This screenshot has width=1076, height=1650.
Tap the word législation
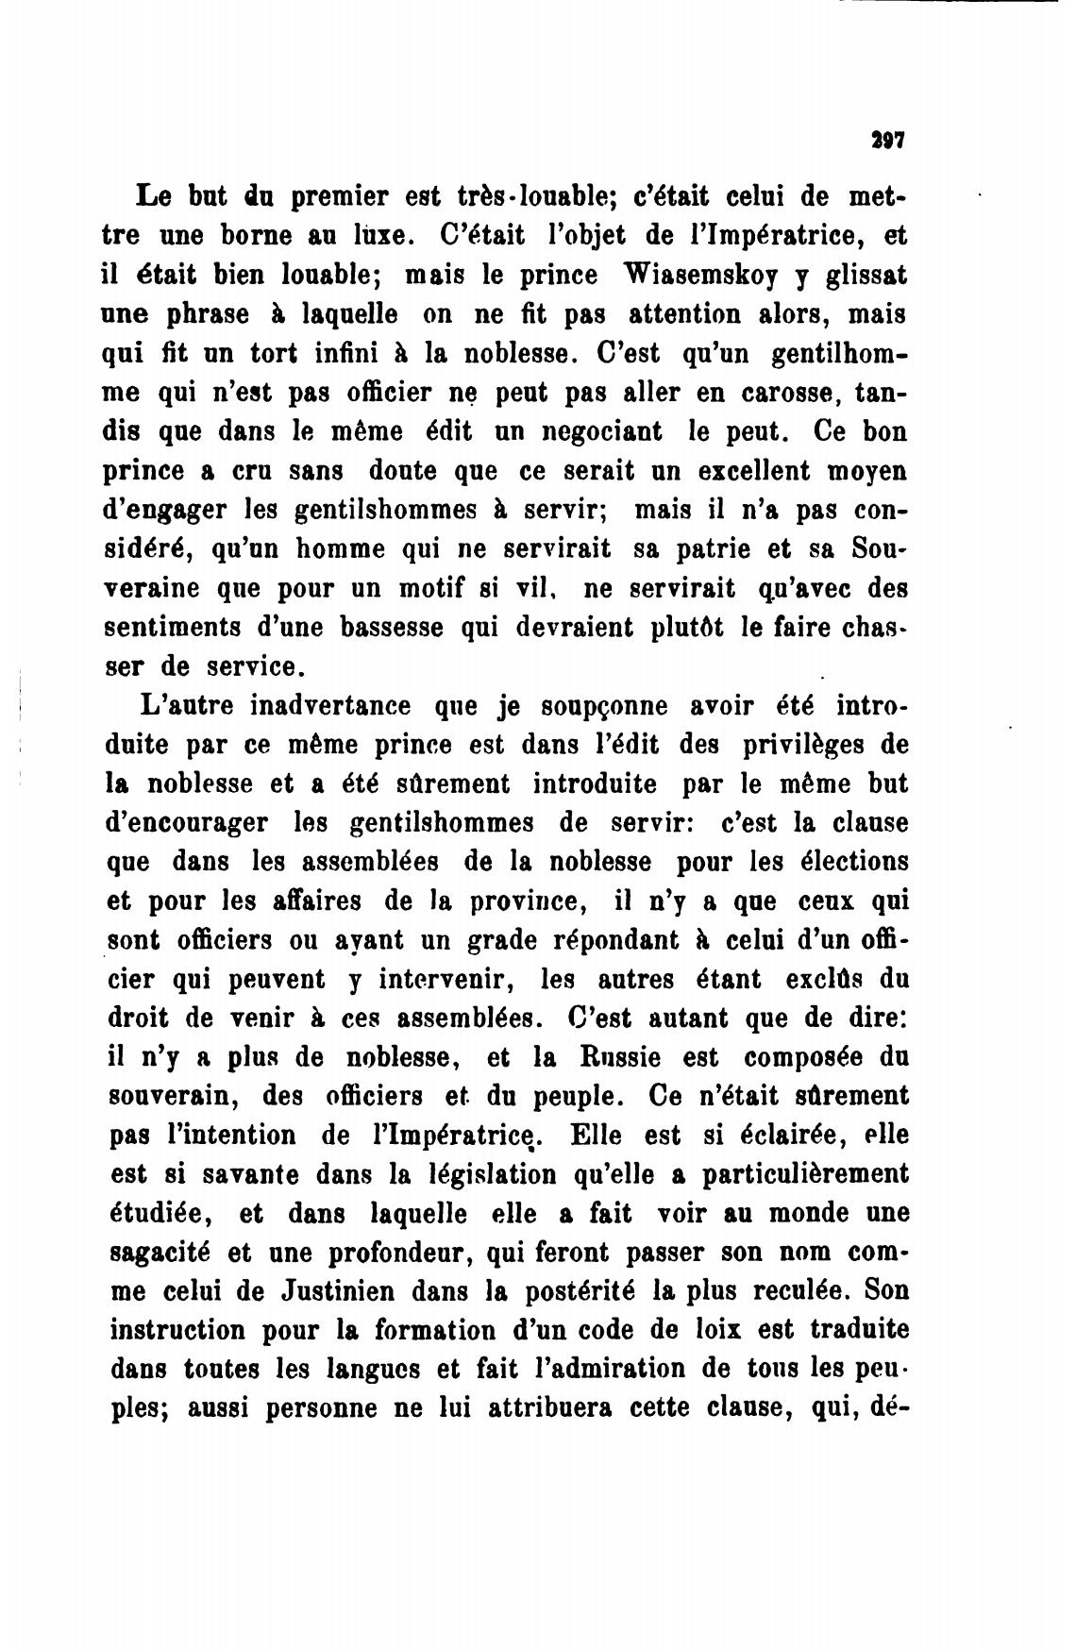[489, 1174]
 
